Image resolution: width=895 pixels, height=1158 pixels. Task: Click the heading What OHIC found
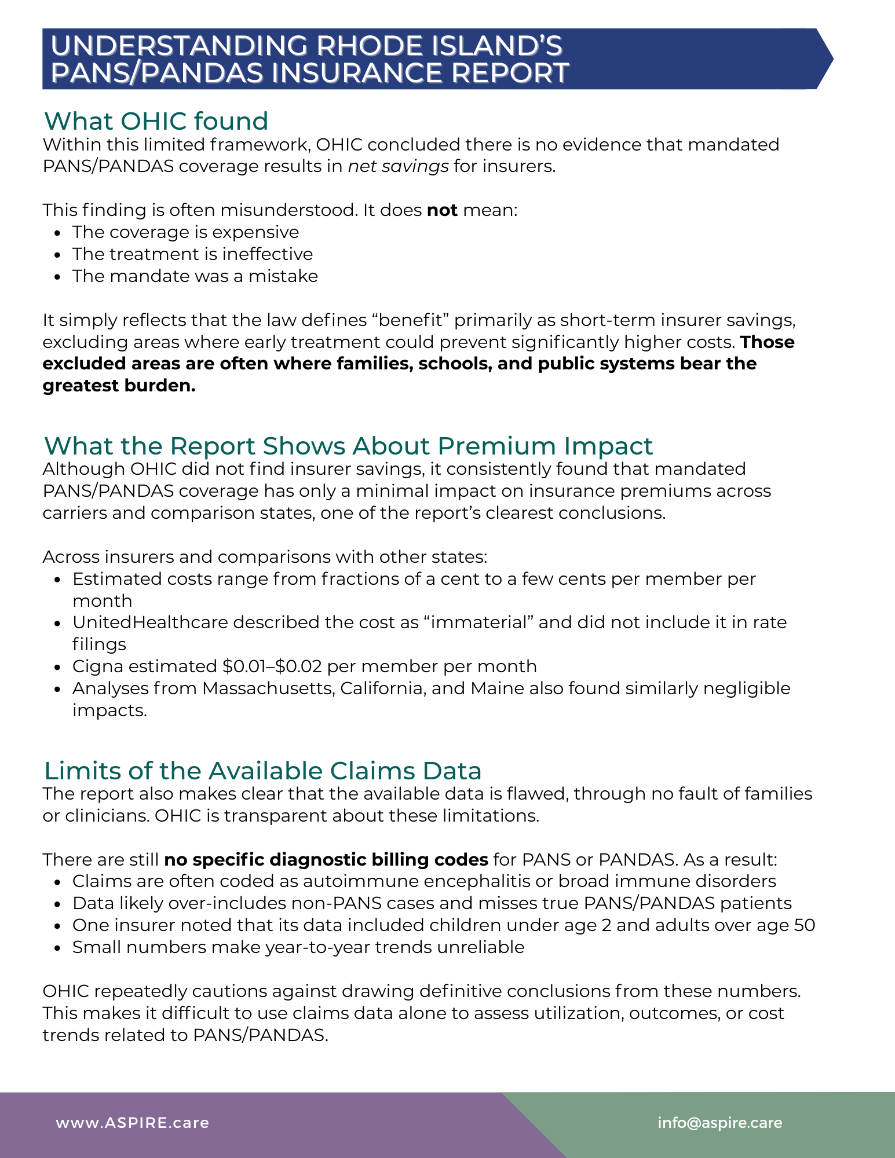coord(156,121)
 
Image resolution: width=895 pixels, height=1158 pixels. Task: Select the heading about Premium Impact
coord(348,446)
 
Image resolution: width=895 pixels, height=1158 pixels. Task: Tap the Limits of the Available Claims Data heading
coord(262,771)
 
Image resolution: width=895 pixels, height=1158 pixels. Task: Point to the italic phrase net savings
coord(398,166)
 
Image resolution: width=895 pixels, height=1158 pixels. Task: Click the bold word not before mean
coord(442,210)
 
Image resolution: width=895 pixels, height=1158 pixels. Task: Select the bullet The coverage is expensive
coord(185,232)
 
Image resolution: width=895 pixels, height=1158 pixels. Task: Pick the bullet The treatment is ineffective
coord(192,254)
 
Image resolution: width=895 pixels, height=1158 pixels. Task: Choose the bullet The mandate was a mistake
coord(195,276)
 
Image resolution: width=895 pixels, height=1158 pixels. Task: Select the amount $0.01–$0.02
coord(272,666)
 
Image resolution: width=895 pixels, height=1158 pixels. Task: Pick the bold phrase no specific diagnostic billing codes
coord(326,859)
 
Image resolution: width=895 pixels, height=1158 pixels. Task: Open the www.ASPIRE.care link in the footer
coord(132,1123)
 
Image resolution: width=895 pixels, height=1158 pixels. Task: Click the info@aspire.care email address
coord(719,1123)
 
